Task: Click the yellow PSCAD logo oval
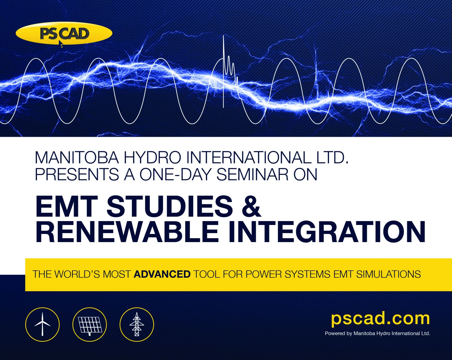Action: [x=64, y=33]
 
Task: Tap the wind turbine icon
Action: [x=42, y=325]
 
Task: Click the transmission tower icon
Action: [x=137, y=325]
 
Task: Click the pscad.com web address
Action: [x=380, y=319]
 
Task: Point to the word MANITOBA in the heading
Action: [x=77, y=157]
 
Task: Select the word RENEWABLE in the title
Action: [x=127, y=232]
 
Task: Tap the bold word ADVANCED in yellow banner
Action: [x=162, y=274]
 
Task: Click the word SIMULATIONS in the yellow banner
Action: [x=388, y=274]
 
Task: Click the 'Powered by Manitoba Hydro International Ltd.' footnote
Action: [x=378, y=333]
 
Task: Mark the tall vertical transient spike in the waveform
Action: [x=223, y=71]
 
